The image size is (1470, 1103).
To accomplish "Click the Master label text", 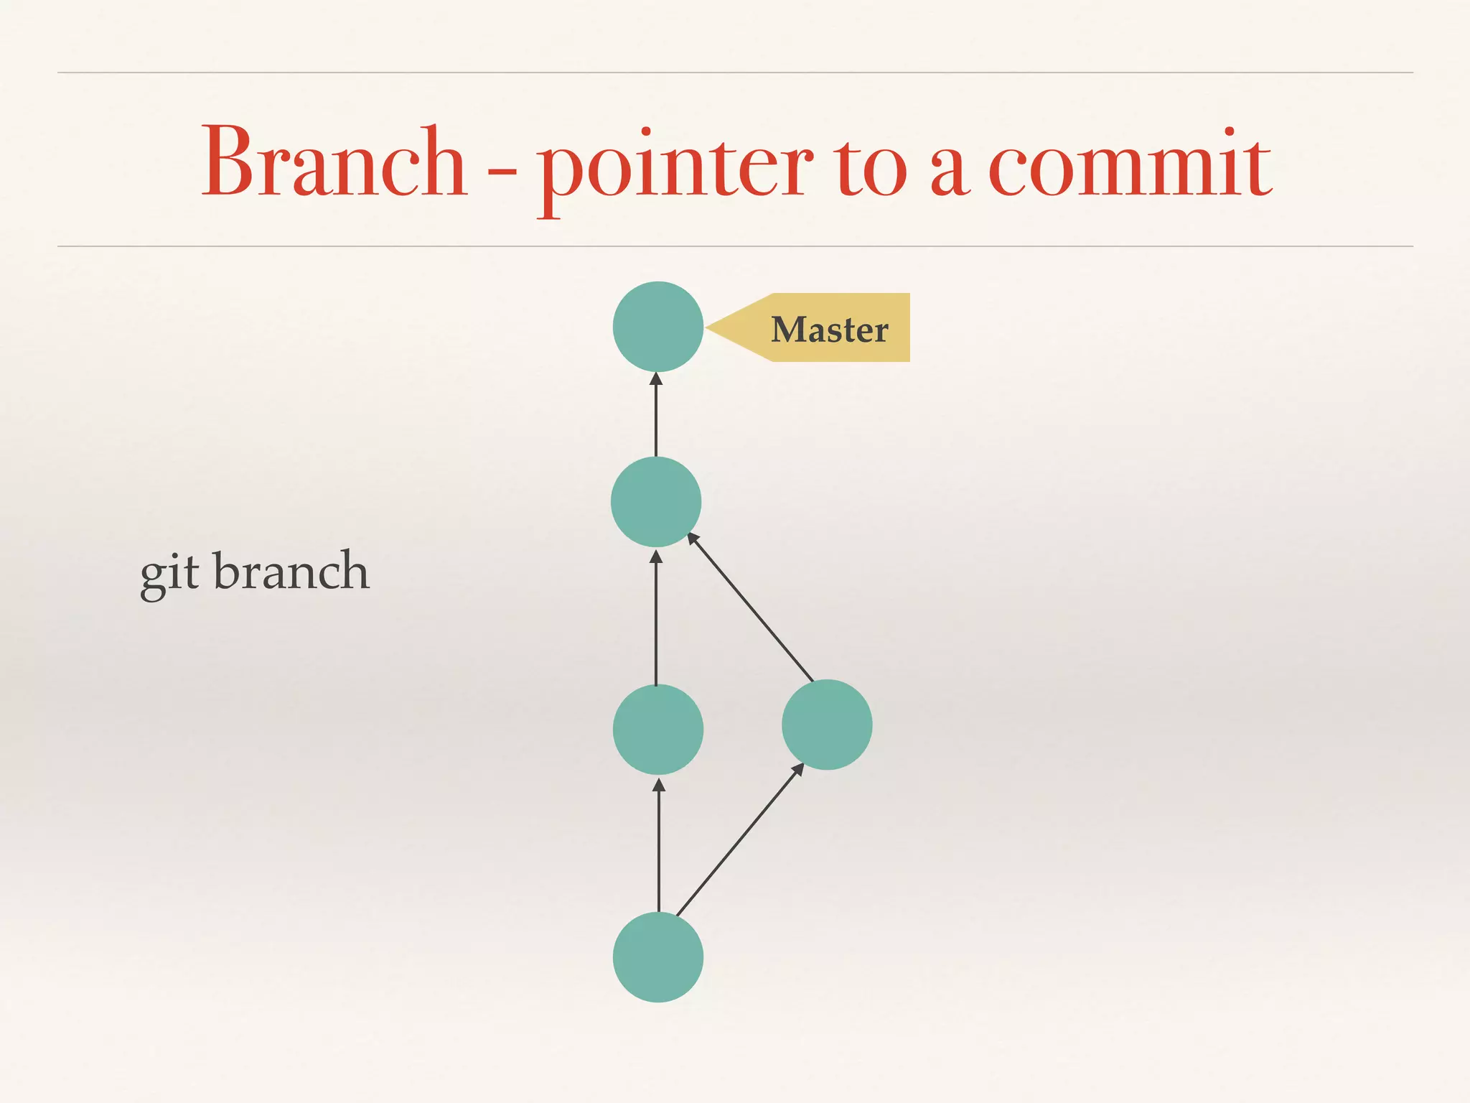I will coord(830,330).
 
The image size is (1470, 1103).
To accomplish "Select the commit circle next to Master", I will coord(657,327).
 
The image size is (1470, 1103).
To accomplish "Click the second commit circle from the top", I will coord(655,502).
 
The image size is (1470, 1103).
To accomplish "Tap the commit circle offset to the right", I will coord(827,725).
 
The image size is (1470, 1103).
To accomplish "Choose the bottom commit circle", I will coord(657,957).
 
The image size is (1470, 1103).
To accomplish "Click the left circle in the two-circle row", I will coord(657,730).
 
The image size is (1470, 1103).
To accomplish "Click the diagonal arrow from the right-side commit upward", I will coord(751,608).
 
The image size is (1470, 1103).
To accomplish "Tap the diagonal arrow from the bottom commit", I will coord(739,840).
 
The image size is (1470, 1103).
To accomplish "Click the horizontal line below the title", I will coord(735,246).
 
